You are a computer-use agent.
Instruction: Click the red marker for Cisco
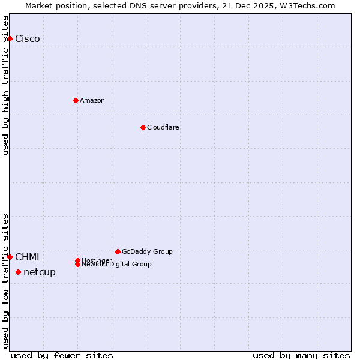(10, 38)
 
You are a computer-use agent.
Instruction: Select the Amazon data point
(76, 100)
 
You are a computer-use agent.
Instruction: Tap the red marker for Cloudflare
(143, 127)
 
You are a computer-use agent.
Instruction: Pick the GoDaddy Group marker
(118, 251)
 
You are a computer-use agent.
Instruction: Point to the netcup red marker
(18, 272)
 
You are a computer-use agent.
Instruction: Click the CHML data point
(10, 257)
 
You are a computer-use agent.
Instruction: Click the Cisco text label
(28, 39)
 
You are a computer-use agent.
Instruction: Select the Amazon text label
(92, 100)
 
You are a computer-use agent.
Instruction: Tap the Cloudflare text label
(163, 127)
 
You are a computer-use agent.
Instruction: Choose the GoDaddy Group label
(147, 251)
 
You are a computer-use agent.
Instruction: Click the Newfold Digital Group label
(117, 265)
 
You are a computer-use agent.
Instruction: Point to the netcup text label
(40, 272)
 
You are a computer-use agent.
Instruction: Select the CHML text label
(29, 257)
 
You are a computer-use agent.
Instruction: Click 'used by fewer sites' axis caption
(62, 355)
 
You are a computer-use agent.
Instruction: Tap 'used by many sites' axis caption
(301, 355)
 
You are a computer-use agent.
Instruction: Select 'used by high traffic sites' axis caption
(6, 85)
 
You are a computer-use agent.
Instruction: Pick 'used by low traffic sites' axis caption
(6, 280)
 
